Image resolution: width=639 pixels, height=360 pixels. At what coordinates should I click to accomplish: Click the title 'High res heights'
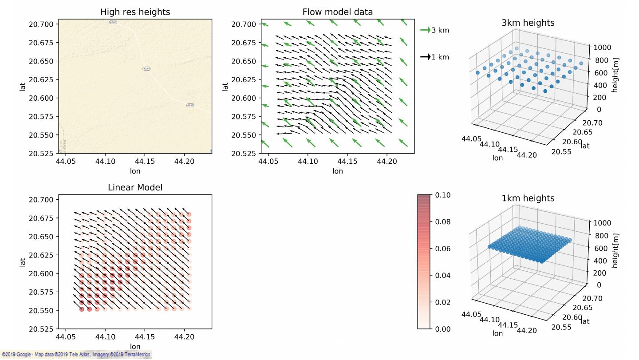coord(135,12)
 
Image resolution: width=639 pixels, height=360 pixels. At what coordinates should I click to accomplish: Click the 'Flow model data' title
coord(337,12)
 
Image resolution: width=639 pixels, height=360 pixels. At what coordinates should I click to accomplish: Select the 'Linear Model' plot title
coord(135,187)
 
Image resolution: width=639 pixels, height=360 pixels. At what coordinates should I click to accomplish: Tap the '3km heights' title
coord(528,23)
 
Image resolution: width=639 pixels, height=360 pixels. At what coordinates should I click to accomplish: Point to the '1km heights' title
coord(528,198)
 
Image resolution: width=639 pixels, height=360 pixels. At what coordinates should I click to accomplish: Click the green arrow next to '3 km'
coord(425,30)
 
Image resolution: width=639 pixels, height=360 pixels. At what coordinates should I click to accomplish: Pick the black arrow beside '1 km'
coord(425,57)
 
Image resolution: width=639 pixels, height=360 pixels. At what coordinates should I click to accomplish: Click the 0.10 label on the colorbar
coord(442,195)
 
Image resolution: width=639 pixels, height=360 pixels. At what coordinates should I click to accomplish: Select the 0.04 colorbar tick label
coord(442,275)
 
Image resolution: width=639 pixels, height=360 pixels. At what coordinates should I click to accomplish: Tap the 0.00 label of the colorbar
coord(442,329)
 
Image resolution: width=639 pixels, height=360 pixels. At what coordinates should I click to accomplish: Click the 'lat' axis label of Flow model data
coord(225,87)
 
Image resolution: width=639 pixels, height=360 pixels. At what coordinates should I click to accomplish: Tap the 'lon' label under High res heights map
coord(135,171)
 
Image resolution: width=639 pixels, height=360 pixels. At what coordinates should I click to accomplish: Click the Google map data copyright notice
coord(75,355)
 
